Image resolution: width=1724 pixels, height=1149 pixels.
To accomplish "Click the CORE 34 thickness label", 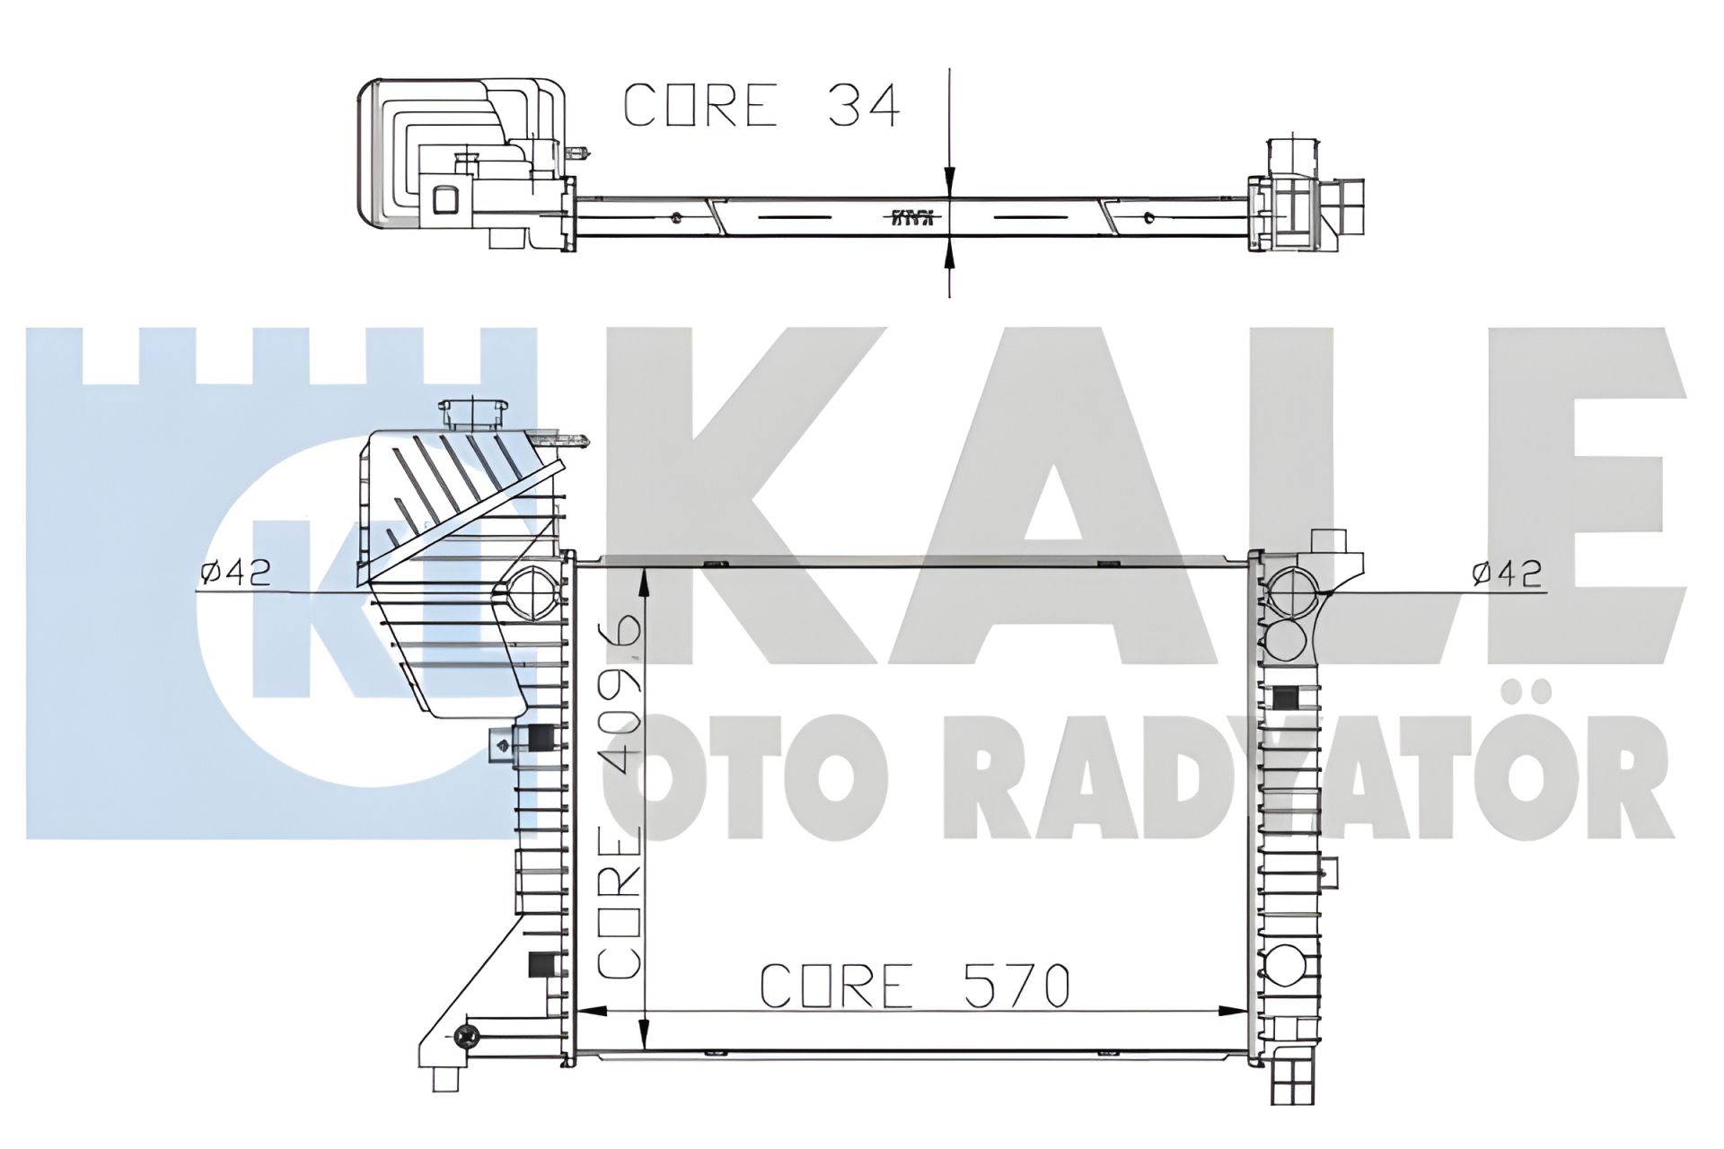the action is pyautogui.click(x=761, y=106).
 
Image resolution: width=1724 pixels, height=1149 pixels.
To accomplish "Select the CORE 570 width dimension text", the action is pyautogui.click(x=914, y=987).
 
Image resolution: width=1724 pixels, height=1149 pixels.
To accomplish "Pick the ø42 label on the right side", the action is pyautogui.click(x=1507, y=572).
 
